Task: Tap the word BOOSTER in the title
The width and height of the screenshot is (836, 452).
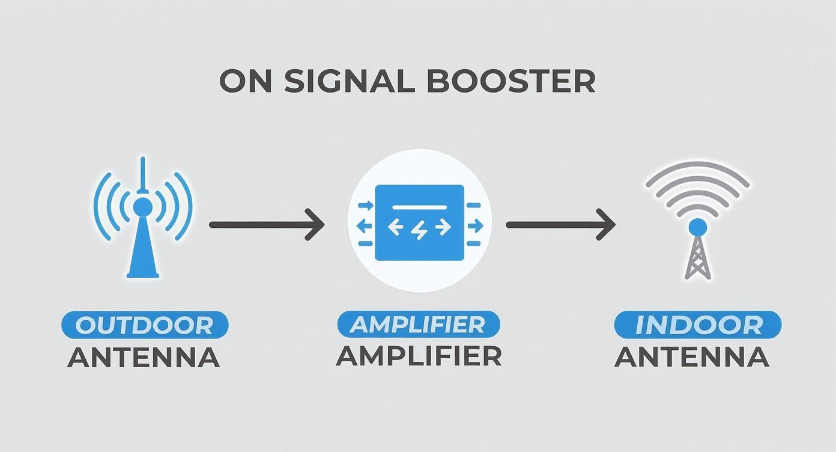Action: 511,81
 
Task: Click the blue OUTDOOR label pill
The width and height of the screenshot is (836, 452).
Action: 145,325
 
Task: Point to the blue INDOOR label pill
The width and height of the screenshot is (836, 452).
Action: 697,325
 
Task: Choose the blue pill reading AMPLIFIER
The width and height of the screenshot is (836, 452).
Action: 418,325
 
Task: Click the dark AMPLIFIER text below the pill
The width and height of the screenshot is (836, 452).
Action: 418,356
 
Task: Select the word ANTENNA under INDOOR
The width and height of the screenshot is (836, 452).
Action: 691,357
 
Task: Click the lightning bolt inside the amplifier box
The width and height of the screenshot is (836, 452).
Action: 419,227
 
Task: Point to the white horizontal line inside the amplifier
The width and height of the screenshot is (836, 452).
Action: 419,207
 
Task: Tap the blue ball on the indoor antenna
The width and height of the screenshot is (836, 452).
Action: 697,227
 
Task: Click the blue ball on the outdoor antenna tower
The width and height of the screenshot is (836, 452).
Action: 142,207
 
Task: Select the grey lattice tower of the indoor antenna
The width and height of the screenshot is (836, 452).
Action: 697,258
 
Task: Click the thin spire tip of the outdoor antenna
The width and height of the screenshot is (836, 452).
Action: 142,165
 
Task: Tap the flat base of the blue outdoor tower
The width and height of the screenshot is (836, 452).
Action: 143,275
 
